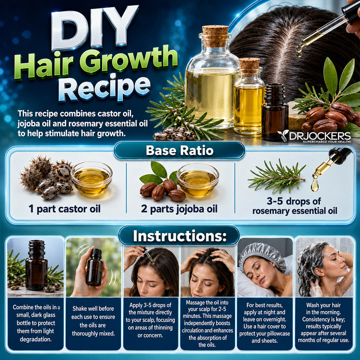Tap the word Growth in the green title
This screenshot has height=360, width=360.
point(129,60)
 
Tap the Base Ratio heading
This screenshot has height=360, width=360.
point(180,151)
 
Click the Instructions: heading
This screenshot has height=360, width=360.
point(180,236)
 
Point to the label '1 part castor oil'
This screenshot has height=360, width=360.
point(65,209)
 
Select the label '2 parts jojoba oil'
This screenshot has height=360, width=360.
point(179,209)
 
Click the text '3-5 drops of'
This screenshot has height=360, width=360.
point(294,201)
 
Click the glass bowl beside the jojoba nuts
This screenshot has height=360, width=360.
point(198,180)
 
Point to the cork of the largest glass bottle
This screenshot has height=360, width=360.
point(215,36)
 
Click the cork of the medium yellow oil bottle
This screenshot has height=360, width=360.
point(249,67)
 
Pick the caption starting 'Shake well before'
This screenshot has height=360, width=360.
point(93,321)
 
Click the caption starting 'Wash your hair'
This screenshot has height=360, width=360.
point(323,323)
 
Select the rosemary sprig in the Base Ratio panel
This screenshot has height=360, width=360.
point(277,176)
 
